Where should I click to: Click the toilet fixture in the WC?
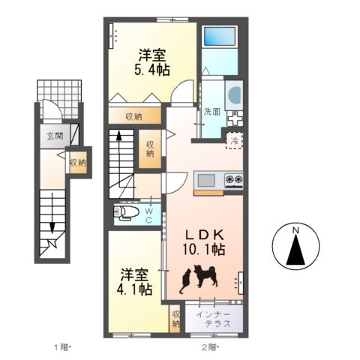pyautogui.click(x=126, y=213)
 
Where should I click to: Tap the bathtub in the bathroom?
pyautogui.click(x=220, y=36)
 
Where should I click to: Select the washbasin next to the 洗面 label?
pyautogui.click(x=235, y=95)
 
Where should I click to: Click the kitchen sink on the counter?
pyautogui.click(x=206, y=180)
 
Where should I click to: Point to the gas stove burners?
pyautogui.click(x=234, y=179)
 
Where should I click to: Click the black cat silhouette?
pyautogui.click(x=185, y=280)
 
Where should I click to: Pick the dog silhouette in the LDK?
pyautogui.click(x=205, y=276)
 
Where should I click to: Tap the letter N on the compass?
pyautogui.click(x=296, y=230)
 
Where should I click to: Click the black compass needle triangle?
pyautogui.click(x=296, y=250)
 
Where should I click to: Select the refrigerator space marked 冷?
pyautogui.click(x=234, y=141)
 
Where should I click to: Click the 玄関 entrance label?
pyautogui.click(x=55, y=136)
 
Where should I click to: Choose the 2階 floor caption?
pyautogui.click(x=210, y=347)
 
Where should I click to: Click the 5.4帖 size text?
pyautogui.click(x=152, y=70)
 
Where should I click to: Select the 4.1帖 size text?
pyautogui.click(x=134, y=289)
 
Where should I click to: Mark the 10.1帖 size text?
pyautogui.click(x=204, y=250)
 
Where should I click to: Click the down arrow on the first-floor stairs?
pyautogui.click(x=52, y=213)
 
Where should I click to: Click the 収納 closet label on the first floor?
pyautogui.click(x=78, y=163)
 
